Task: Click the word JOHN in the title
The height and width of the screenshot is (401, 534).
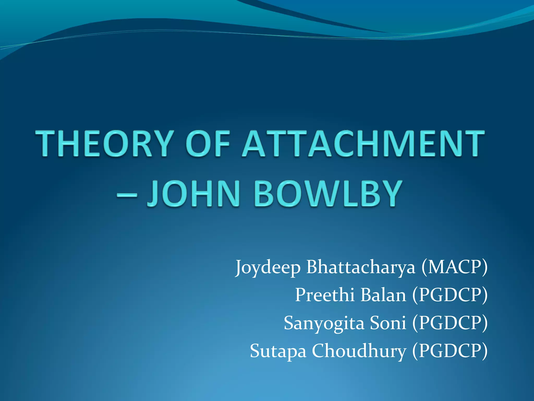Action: tap(193, 194)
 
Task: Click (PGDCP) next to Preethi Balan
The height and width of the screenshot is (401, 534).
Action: tap(450, 295)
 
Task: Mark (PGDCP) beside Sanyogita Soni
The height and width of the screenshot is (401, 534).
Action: tap(450, 323)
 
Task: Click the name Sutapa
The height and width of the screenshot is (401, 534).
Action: tap(278, 351)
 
